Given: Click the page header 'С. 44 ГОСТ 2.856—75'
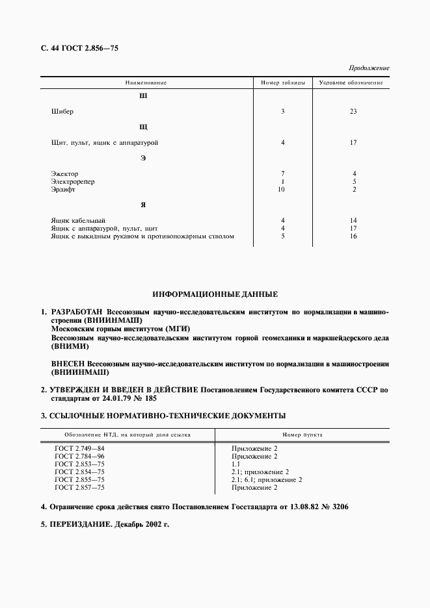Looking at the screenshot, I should click(77, 48).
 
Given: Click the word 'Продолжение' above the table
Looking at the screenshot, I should click(369, 68).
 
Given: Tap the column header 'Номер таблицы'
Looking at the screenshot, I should click(283, 83).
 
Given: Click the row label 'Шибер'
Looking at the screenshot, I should click(62, 111).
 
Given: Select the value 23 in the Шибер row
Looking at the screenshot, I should click(353, 111).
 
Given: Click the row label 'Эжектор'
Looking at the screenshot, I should click(64, 173).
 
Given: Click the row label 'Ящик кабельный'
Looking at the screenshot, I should click(77, 221).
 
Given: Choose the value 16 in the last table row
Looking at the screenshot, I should click(353, 236).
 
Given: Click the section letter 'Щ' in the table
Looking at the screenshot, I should click(144, 127).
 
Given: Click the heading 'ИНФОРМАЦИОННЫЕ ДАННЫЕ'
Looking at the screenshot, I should click(215, 294).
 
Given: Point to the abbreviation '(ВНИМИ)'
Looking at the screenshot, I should click(68, 346).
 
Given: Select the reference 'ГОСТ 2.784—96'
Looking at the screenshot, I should click(79, 456).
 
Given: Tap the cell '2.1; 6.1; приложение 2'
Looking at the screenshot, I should click(267, 479).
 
